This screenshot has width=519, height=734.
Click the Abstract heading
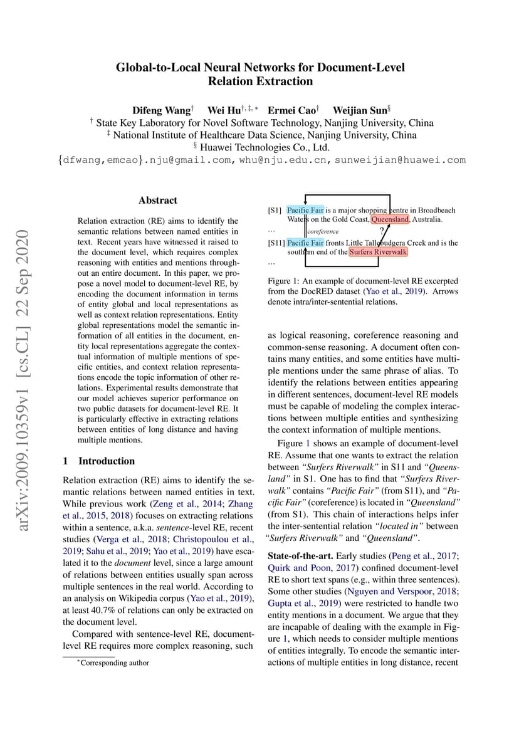[x=158, y=201]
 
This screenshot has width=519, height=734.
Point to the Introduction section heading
[x=106, y=461]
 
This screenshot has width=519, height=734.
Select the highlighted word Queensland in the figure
[x=390, y=219]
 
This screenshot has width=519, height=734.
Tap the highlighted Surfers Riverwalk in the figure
[x=378, y=252]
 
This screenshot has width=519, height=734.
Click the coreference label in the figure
[x=323, y=231]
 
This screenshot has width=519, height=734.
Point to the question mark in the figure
[x=382, y=230]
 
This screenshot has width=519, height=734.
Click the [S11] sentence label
[x=276, y=243]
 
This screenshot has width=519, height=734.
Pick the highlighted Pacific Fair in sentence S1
[x=305, y=210]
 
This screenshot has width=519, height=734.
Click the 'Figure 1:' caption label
[x=286, y=281]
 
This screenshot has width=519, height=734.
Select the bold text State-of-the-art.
[x=300, y=556]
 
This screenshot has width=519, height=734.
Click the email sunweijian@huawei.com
[x=400, y=160]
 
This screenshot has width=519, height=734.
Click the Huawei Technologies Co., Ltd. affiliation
[x=261, y=147]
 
